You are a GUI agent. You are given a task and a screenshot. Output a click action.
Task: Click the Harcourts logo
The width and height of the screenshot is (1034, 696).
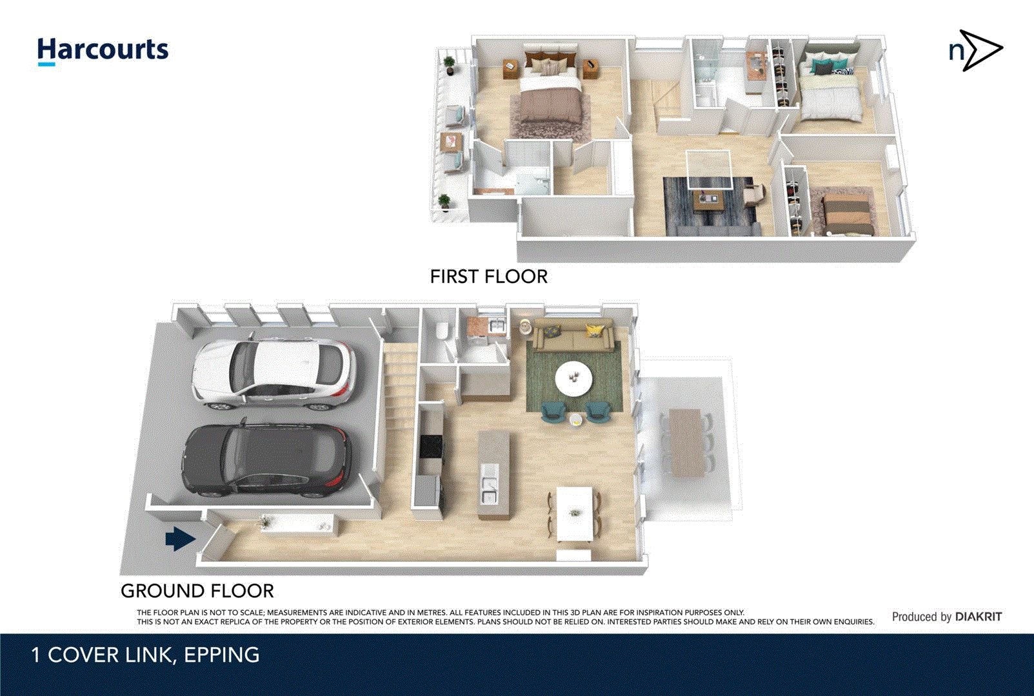[103, 50]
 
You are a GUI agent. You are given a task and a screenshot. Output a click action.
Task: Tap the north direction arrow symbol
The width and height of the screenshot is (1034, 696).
[976, 50]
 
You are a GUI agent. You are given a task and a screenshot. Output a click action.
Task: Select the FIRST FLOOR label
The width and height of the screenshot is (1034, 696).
[488, 276]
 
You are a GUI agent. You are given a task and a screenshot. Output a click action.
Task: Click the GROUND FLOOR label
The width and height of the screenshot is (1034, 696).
[197, 590]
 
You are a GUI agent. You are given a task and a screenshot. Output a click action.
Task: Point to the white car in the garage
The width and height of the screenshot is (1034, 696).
[274, 374]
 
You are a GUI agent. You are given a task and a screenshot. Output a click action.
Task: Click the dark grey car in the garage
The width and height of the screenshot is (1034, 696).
[268, 460]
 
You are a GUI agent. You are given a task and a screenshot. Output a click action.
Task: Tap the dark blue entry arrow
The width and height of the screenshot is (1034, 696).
[180, 539]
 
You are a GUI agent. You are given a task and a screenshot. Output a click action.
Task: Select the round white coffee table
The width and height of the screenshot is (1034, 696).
[573, 378]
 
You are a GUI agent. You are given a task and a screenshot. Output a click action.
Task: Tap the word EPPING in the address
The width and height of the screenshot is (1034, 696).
[221, 655]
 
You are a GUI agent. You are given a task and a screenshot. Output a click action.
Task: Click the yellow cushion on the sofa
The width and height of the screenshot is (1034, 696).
[595, 331]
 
